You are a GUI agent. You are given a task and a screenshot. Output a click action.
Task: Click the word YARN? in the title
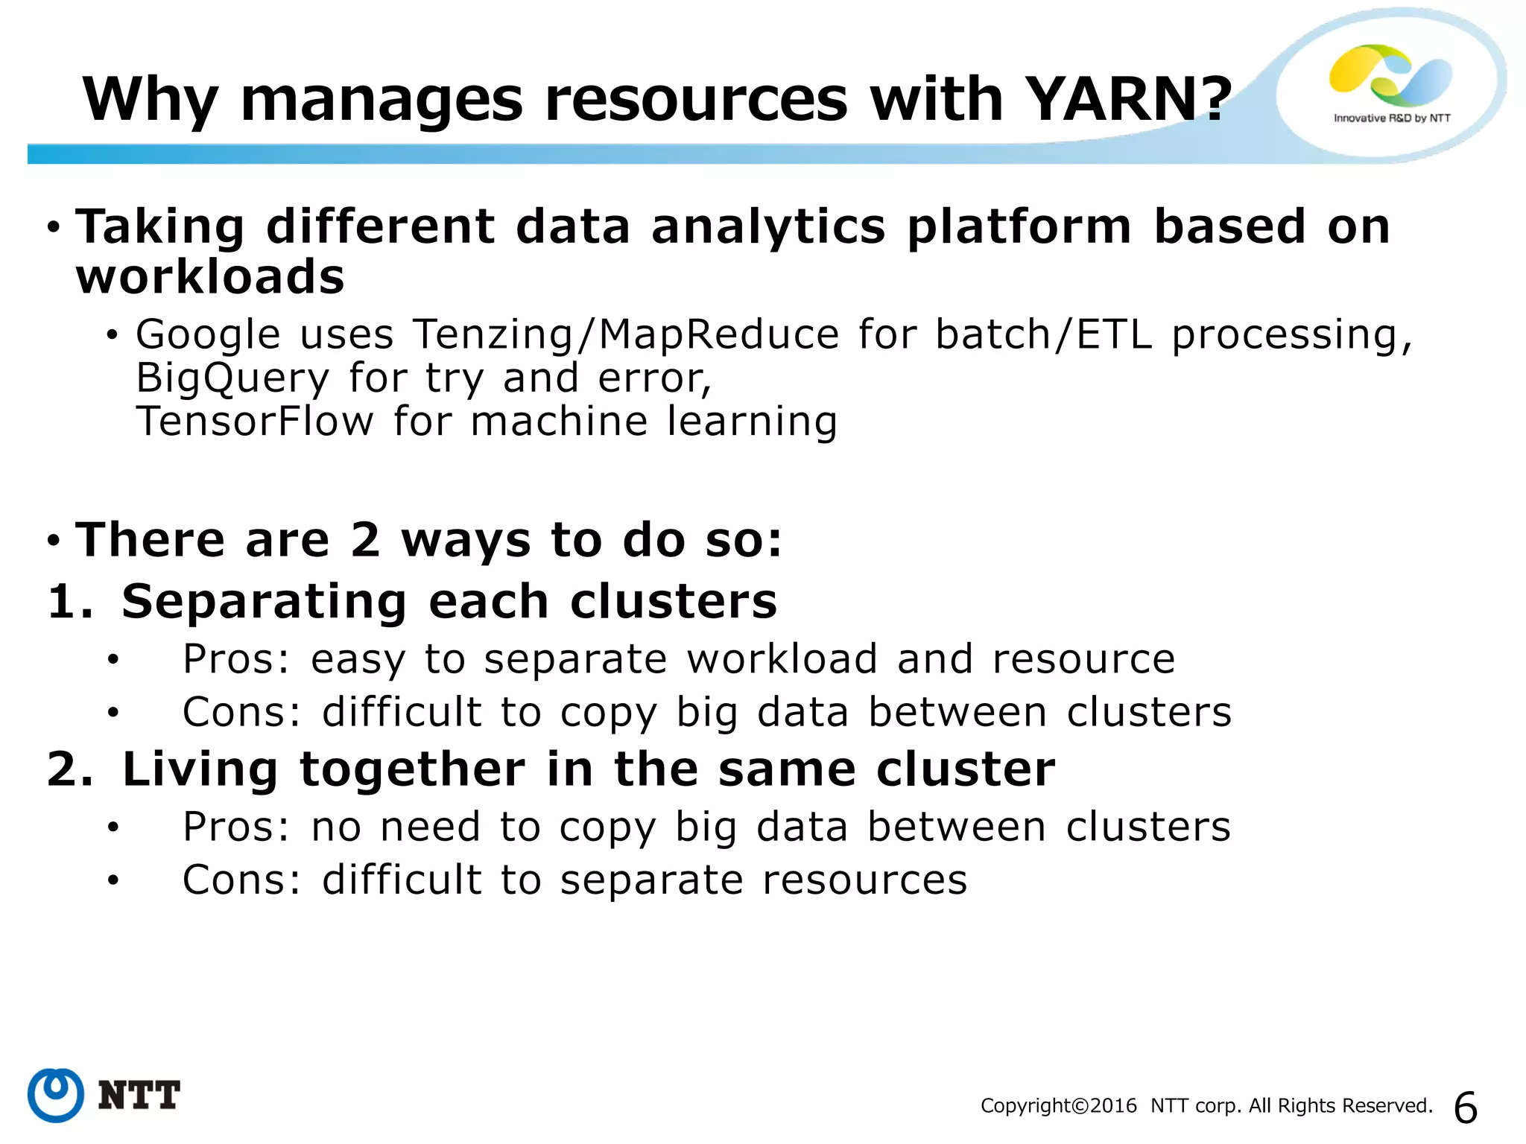click(1127, 99)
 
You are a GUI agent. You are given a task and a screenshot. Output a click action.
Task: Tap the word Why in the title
click(150, 101)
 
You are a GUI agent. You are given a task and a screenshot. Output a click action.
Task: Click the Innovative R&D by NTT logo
click(1391, 83)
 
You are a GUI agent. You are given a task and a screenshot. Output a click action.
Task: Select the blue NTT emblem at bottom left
click(56, 1095)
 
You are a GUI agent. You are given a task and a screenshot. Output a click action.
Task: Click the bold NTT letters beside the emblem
click(139, 1096)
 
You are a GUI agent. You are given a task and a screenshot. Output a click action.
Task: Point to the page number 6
click(1465, 1108)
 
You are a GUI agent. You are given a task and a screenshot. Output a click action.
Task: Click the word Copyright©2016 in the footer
click(1058, 1106)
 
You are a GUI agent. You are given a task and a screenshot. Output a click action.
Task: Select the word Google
click(208, 335)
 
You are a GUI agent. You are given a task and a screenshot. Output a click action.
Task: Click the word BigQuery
click(232, 378)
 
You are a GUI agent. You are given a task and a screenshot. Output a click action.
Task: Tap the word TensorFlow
click(254, 422)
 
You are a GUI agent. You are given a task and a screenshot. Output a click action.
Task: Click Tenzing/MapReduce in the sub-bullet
click(626, 335)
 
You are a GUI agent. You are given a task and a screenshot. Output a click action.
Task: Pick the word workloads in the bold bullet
click(210, 277)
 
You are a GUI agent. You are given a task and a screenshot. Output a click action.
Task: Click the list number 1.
click(69, 602)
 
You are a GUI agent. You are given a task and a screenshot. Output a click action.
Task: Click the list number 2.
click(69, 769)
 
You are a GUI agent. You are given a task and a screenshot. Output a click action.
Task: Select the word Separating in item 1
click(265, 602)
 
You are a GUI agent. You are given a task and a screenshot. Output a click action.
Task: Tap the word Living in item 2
click(200, 769)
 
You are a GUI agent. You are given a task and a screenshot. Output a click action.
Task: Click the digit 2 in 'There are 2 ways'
click(364, 540)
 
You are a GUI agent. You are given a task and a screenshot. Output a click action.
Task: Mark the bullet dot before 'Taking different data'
click(53, 227)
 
